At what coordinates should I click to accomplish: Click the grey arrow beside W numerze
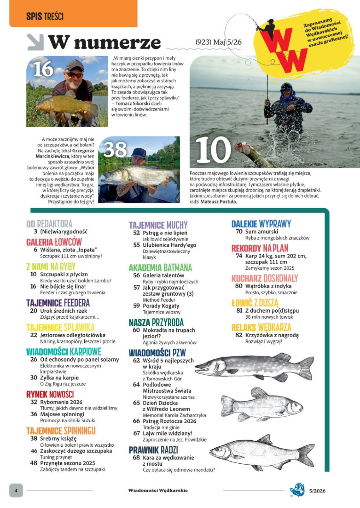pyautogui.click(x=35, y=42)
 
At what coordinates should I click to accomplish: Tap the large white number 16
pyautogui.click(x=43, y=69)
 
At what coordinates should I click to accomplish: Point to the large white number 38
pyautogui.click(x=115, y=149)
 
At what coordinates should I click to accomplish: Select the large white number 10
pyautogui.click(x=213, y=150)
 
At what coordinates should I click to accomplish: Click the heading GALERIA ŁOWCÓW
pyautogui.click(x=54, y=242)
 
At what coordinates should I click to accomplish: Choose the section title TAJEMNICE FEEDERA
pyautogui.click(x=58, y=303)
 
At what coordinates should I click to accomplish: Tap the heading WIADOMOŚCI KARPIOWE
pyautogui.click(x=64, y=352)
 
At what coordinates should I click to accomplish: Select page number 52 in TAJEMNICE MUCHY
pyautogui.click(x=136, y=233)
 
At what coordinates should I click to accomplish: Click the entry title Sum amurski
pyautogui.click(x=261, y=232)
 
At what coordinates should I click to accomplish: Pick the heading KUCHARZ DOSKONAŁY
pyautogui.click(x=264, y=278)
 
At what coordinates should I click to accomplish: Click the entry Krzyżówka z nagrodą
pyautogui.click(x=272, y=335)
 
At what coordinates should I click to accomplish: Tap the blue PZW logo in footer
pyautogui.click(x=297, y=490)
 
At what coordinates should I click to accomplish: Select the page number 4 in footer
pyautogui.click(x=16, y=490)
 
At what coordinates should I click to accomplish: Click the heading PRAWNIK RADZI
pyautogui.click(x=153, y=450)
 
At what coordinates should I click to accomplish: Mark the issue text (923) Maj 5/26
pyautogui.click(x=218, y=42)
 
